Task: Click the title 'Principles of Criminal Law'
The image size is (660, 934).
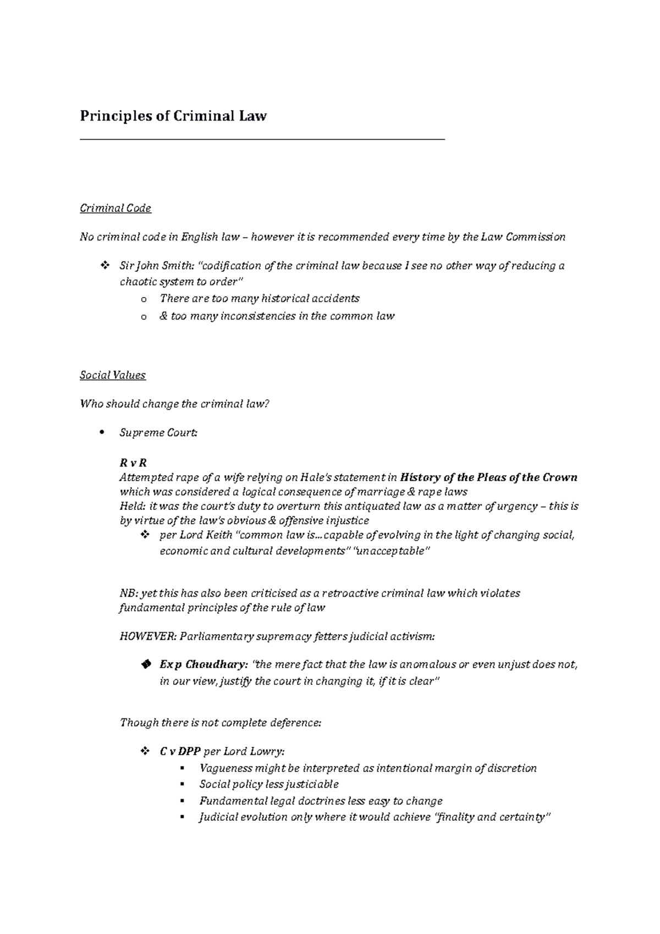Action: pyautogui.click(x=173, y=116)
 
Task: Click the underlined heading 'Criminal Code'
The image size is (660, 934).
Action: pyautogui.click(x=116, y=208)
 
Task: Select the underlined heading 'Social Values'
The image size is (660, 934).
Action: pyautogui.click(x=113, y=375)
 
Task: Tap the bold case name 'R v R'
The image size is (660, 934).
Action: pyautogui.click(x=133, y=463)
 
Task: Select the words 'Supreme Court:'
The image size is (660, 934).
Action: pyautogui.click(x=158, y=433)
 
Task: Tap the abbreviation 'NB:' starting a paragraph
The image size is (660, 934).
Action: pyautogui.click(x=129, y=593)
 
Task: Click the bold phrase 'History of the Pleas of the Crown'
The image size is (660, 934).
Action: pyautogui.click(x=489, y=477)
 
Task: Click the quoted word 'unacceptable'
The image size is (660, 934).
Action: pyautogui.click(x=392, y=551)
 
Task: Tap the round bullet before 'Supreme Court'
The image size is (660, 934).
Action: pyautogui.click(x=101, y=433)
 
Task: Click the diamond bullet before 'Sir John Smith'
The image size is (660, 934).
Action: pyautogui.click(x=104, y=266)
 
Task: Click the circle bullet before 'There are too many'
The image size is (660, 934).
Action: pyautogui.click(x=144, y=299)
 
